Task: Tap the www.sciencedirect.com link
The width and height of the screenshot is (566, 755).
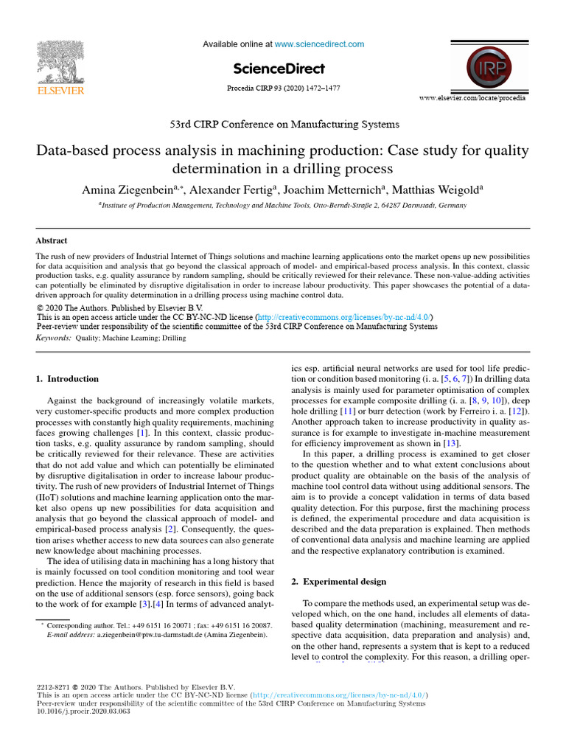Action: pyautogui.click(x=319, y=44)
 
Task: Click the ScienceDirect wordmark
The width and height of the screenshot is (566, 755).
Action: pyautogui.click(x=279, y=69)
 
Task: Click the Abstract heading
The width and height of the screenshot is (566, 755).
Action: pyautogui.click(x=52, y=240)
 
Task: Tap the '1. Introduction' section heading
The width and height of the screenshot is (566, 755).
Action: pyautogui.click(x=67, y=379)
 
